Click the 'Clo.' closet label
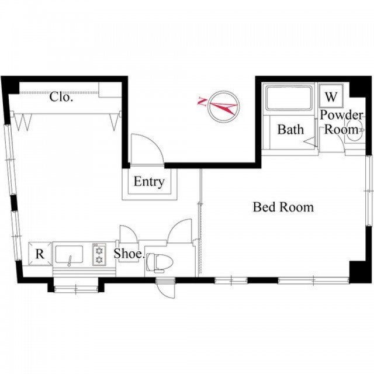[x=61, y=97]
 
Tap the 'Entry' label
[x=149, y=182]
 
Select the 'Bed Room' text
[x=283, y=207]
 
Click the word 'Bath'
[x=290, y=130]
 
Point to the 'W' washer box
[x=331, y=96]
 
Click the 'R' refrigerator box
[x=40, y=254]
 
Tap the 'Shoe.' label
[x=129, y=254]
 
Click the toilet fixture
[x=159, y=262]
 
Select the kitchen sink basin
[x=69, y=255]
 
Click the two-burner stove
[x=99, y=255]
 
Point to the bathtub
[x=289, y=98]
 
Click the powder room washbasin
[x=355, y=130]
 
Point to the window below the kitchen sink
[x=76, y=290]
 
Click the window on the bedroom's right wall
[x=369, y=191]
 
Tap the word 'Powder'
[x=341, y=115]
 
